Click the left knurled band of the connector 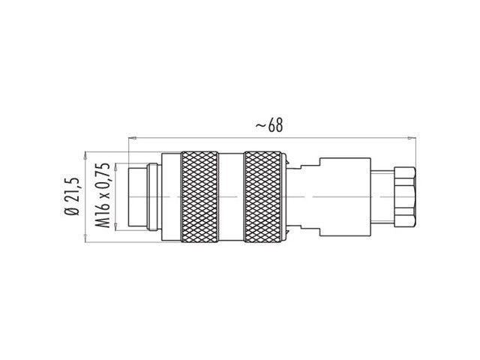tap(199, 196)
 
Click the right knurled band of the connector tap(265, 196)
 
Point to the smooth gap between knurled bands tap(232, 196)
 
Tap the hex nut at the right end tap(403, 196)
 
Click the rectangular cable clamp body tap(346, 196)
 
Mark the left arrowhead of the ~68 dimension tap(133, 138)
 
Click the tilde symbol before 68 tap(259, 126)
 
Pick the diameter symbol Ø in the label tap(73, 212)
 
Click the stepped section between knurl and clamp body tap(304, 196)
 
